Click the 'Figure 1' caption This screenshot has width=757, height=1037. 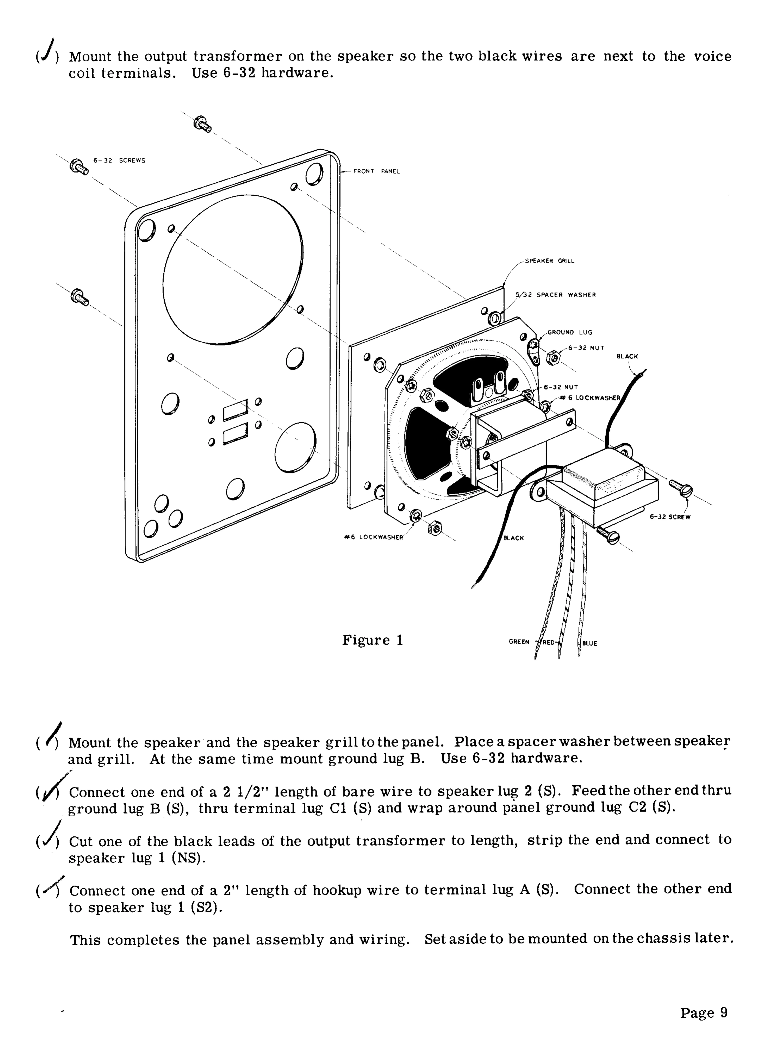pyautogui.click(x=372, y=640)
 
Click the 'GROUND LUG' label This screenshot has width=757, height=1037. pyautogui.click(x=570, y=333)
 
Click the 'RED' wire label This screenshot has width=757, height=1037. pyautogui.click(x=549, y=642)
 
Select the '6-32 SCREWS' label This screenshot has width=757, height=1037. pyautogui.click(x=119, y=161)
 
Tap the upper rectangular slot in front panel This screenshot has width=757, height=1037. pyautogui.click(x=236, y=410)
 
